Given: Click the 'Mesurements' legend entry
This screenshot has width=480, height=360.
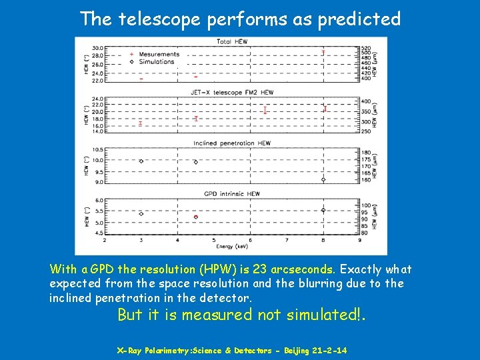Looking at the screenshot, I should [x=159, y=55].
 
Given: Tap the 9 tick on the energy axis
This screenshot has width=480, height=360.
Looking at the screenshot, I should [x=359, y=240].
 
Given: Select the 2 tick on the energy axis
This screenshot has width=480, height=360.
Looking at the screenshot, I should [x=105, y=240].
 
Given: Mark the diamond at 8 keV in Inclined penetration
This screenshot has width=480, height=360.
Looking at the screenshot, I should [x=323, y=179].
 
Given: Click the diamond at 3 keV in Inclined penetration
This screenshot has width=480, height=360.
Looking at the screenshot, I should [x=141, y=161].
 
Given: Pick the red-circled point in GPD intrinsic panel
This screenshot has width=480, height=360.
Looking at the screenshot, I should [x=196, y=217].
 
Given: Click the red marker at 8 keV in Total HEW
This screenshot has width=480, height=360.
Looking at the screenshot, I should [x=323, y=51].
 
